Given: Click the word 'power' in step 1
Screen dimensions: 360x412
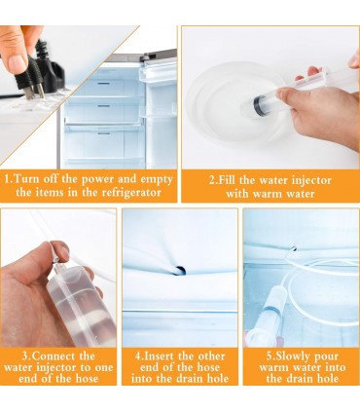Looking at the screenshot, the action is click(97, 179).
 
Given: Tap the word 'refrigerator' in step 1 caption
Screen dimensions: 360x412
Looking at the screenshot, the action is click(131, 193).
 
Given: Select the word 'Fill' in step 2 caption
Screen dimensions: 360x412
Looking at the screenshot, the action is click(226, 180).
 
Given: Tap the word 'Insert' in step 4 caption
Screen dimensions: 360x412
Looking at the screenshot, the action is click(160, 356).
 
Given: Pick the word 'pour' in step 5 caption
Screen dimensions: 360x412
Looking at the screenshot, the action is click(326, 357).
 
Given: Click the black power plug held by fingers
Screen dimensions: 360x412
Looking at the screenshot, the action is click(39, 75).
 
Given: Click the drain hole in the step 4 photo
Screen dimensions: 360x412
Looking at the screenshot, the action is click(180, 270).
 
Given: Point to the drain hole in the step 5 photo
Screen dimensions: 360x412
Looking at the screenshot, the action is click(293, 248).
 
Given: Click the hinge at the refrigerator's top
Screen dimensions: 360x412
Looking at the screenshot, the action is click(146, 57).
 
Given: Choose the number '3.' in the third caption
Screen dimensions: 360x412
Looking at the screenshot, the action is click(27, 356).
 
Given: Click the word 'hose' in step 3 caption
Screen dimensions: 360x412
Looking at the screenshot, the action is click(87, 378).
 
